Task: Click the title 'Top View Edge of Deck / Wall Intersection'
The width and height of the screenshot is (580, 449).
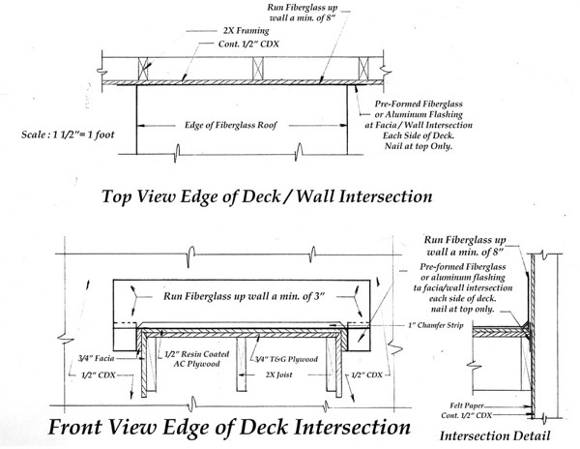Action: [267, 196]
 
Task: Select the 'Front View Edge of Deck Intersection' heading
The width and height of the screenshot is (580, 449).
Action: [229, 428]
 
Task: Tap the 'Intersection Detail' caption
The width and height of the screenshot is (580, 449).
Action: [495, 435]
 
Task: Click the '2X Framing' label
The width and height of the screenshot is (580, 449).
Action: [246, 30]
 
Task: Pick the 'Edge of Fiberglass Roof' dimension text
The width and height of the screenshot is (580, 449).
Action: [231, 125]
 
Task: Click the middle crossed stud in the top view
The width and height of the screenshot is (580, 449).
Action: [258, 68]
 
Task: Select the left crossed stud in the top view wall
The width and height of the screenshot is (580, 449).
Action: [143, 69]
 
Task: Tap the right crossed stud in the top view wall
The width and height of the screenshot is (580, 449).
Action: [364, 68]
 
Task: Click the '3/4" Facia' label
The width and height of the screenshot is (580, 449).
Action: [96, 358]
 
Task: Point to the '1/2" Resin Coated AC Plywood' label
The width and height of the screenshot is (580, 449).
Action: [197, 359]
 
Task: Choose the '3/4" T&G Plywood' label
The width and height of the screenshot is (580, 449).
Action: [286, 359]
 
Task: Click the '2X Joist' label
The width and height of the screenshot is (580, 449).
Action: [279, 374]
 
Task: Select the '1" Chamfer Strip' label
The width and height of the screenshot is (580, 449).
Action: [436, 325]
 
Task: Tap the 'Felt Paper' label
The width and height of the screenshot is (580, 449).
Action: [467, 406]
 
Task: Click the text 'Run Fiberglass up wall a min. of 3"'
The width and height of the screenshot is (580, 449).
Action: [245, 296]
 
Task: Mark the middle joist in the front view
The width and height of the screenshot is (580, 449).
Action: [241, 364]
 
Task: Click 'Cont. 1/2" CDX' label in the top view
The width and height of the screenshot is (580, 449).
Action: [248, 45]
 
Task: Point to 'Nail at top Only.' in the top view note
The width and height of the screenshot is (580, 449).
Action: [419, 146]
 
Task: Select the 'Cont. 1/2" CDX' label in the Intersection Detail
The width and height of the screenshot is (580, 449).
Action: [467, 416]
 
